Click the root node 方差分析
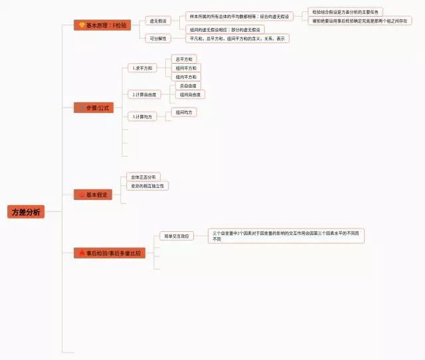point(27,212)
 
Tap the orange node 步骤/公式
point(94,108)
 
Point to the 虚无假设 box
point(157,21)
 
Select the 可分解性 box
point(157,39)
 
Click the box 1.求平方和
point(141,68)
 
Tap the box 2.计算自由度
point(143,95)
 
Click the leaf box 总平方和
point(185,59)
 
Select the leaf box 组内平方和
point(186,77)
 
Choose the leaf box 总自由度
point(189,86)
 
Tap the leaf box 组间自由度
point(191,95)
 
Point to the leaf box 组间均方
point(185,112)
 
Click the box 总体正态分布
point(143,177)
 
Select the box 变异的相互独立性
point(147,186)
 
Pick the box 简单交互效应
point(176,236)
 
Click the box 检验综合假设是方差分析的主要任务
point(345,12)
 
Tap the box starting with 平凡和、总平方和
point(237,39)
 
